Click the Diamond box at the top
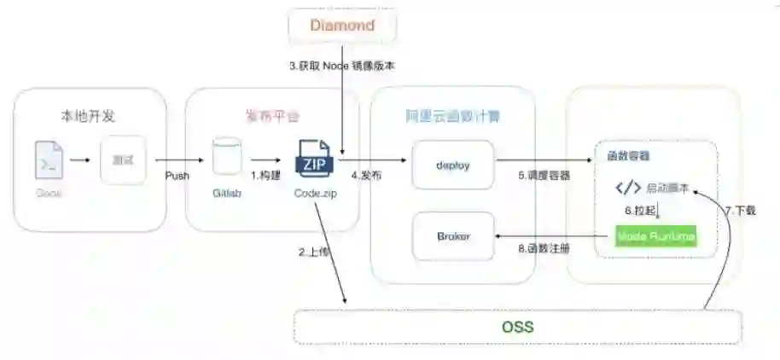(x=342, y=26)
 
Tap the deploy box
(x=452, y=165)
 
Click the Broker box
(x=452, y=235)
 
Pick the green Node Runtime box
(x=656, y=235)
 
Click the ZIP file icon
(x=315, y=160)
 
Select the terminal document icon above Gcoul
(x=49, y=160)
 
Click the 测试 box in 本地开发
(x=122, y=160)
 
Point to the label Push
(x=178, y=176)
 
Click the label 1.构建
(x=265, y=176)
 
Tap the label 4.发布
(x=366, y=176)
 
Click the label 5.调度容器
(x=544, y=176)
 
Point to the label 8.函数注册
(x=544, y=248)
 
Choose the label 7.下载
(x=740, y=210)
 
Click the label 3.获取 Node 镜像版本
(x=341, y=66)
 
